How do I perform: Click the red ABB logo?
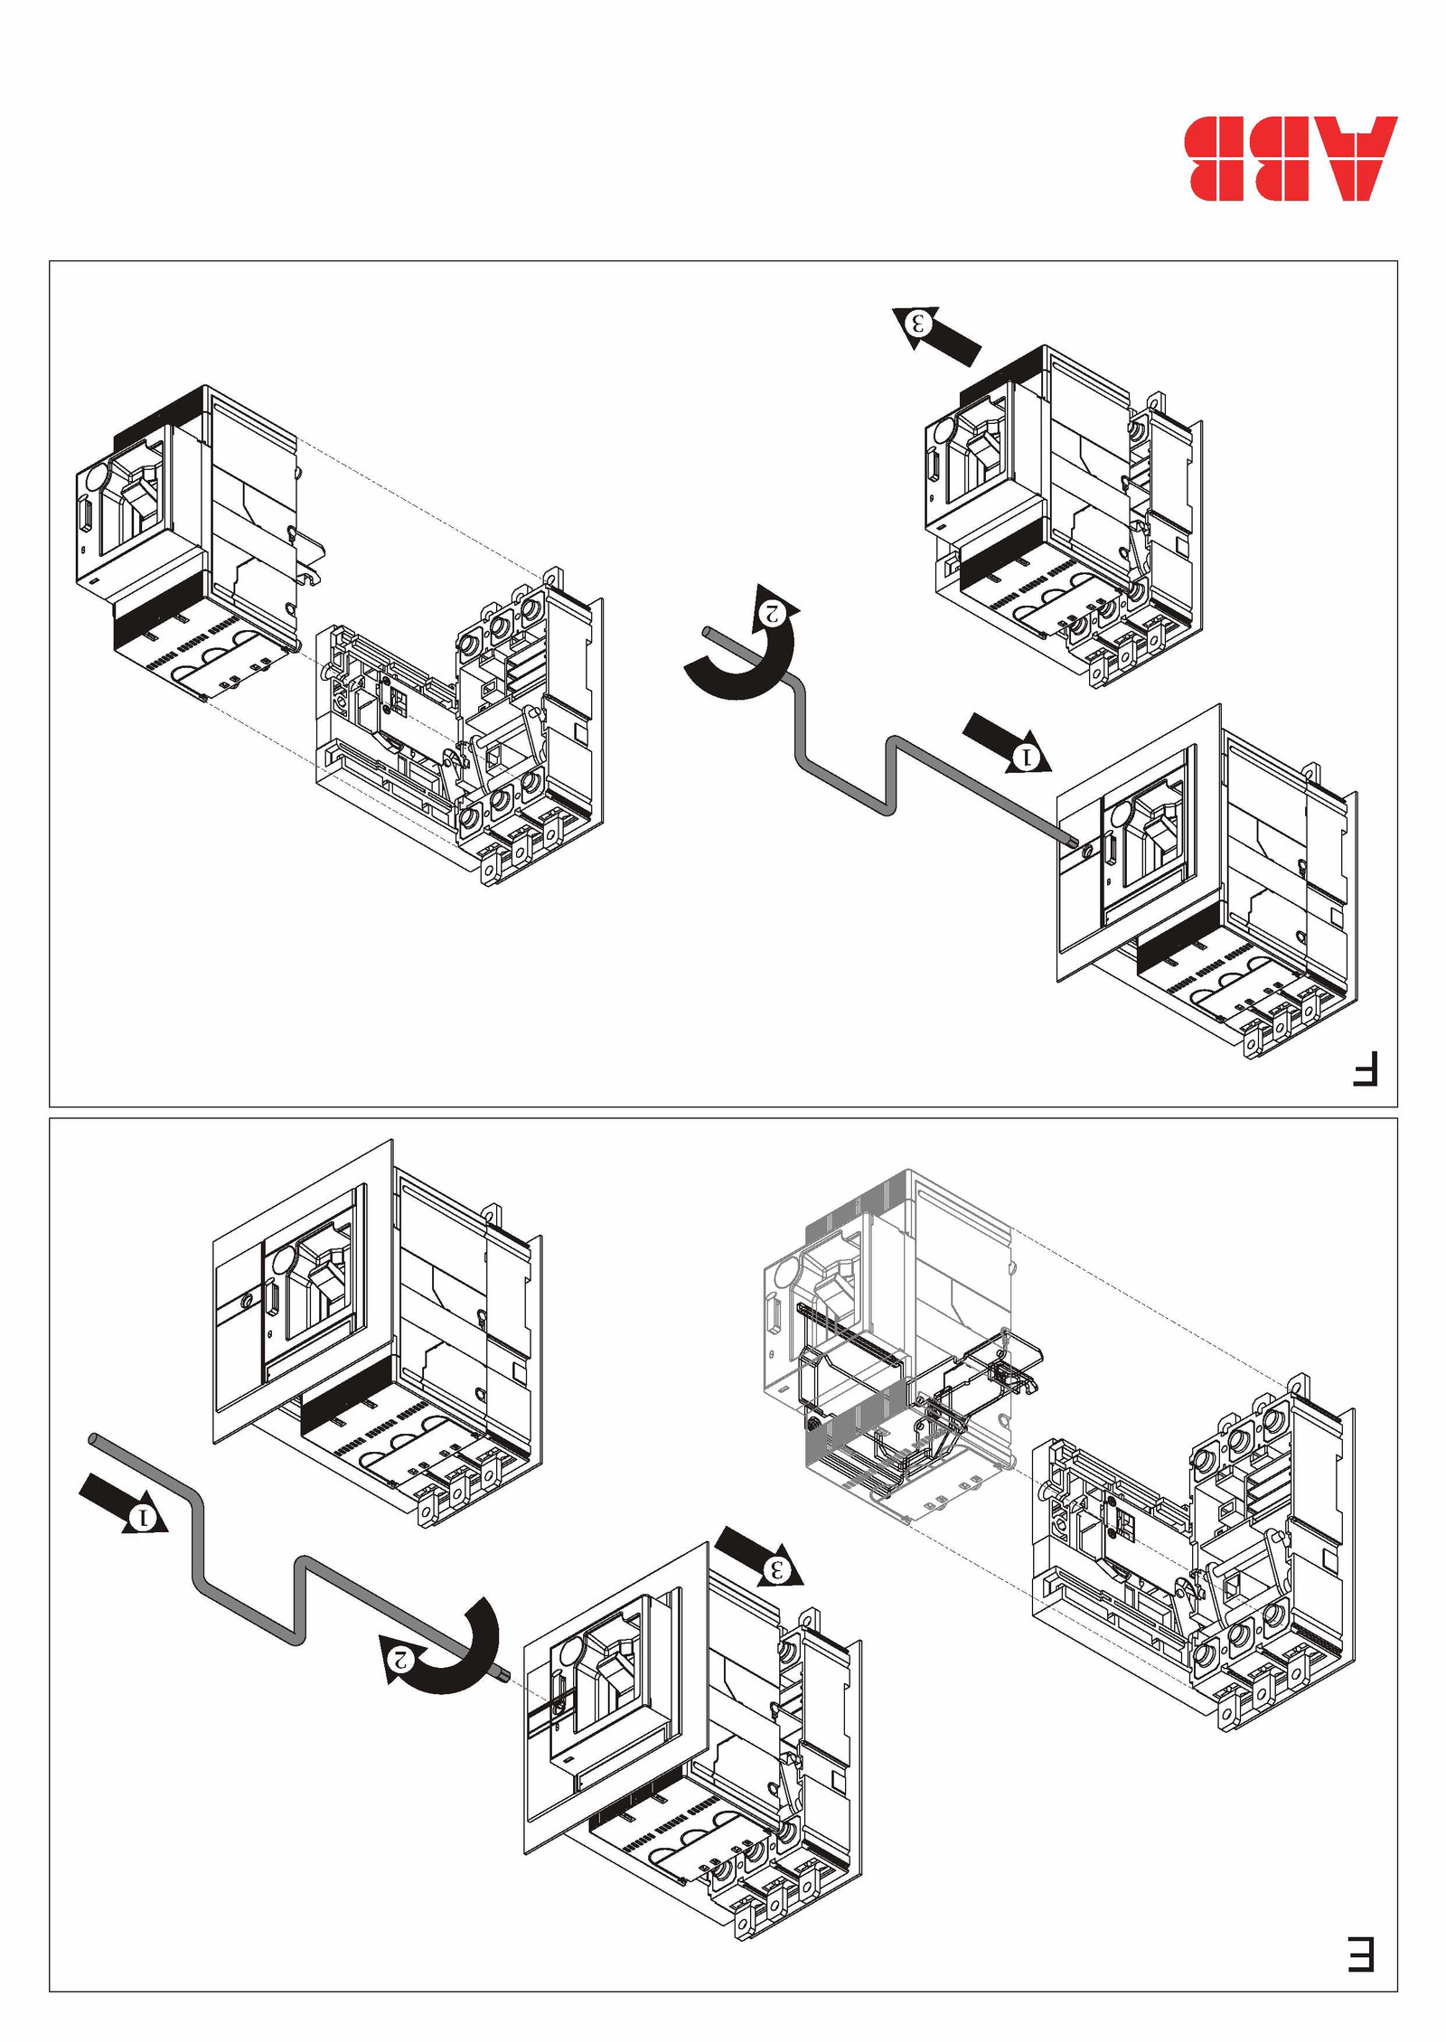coord(1291,158)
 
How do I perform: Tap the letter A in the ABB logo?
coord(1359,158)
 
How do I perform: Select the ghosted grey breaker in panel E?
coord(895,1338)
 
